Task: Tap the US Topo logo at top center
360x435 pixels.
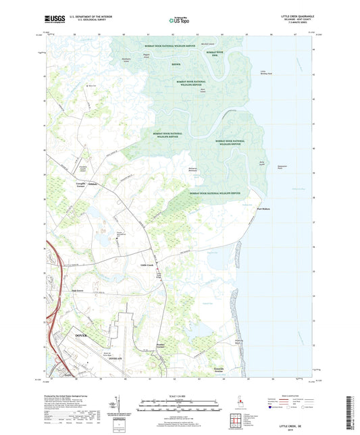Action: (x=179, y=21)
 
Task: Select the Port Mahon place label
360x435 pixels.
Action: (x=264, y=209)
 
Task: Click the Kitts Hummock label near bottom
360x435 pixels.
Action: (x=215, y=368)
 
